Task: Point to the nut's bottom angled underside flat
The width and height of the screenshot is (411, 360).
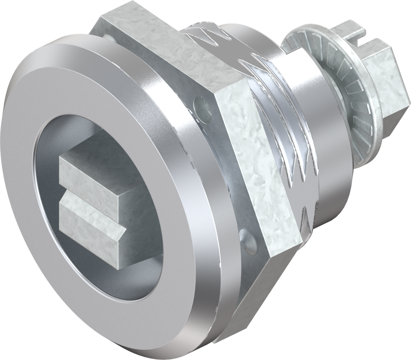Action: [257, 289]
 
